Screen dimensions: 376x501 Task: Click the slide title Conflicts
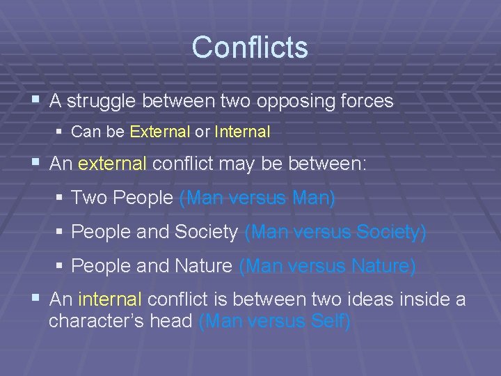(250, 47)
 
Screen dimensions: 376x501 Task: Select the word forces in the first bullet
(366, 102)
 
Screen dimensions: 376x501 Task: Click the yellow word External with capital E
(159, 132)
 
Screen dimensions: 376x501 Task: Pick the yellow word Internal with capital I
(242, 132)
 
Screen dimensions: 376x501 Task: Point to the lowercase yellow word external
(113, 164)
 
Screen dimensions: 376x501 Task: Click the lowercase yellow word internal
(111, 300)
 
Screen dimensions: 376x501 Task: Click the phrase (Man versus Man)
(257, 198)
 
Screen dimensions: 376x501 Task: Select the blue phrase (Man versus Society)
(335, 233)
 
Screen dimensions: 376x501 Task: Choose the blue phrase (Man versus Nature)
(327, 266)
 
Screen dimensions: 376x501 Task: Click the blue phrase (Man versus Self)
(275, 322)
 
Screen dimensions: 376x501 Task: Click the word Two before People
(88, 198)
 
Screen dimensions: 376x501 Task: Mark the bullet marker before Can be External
(59, 132)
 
